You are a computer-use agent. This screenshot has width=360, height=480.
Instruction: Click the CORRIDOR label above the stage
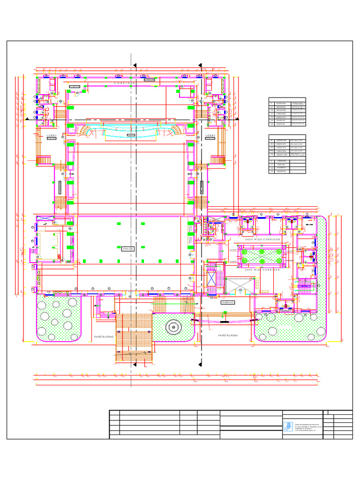(x=125, y=82)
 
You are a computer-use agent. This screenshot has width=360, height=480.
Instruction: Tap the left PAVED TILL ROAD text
(x=104, y=337)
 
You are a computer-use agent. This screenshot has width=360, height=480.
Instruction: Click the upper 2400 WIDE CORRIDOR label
(x=262, y=239)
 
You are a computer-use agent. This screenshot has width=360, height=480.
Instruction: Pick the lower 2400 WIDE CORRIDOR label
(x=262, y=270)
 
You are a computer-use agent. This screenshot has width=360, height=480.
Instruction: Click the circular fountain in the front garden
(x=173, y=327)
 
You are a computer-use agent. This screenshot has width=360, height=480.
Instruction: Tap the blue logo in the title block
(x=287, y=426)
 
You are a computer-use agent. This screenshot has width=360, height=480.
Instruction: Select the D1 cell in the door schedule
(x=271, y=107)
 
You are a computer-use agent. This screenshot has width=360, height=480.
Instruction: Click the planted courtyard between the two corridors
(x=262, y=255)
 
